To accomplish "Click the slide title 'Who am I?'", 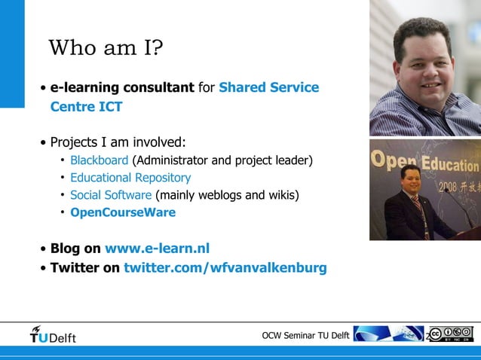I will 106,49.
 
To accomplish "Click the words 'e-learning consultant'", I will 122,88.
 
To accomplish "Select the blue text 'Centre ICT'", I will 86,107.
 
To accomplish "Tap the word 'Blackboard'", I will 99,160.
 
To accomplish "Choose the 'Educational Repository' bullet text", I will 130,178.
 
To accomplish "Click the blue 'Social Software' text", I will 111,195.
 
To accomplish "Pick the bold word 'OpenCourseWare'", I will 123,212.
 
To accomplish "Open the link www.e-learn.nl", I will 157,249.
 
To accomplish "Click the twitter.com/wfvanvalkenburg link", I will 225,267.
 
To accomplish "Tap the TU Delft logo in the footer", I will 53,334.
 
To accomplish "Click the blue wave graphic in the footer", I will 388,334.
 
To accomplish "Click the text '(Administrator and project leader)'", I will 222,160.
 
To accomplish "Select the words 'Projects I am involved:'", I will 118,142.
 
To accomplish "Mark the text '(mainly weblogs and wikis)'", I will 227,195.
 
